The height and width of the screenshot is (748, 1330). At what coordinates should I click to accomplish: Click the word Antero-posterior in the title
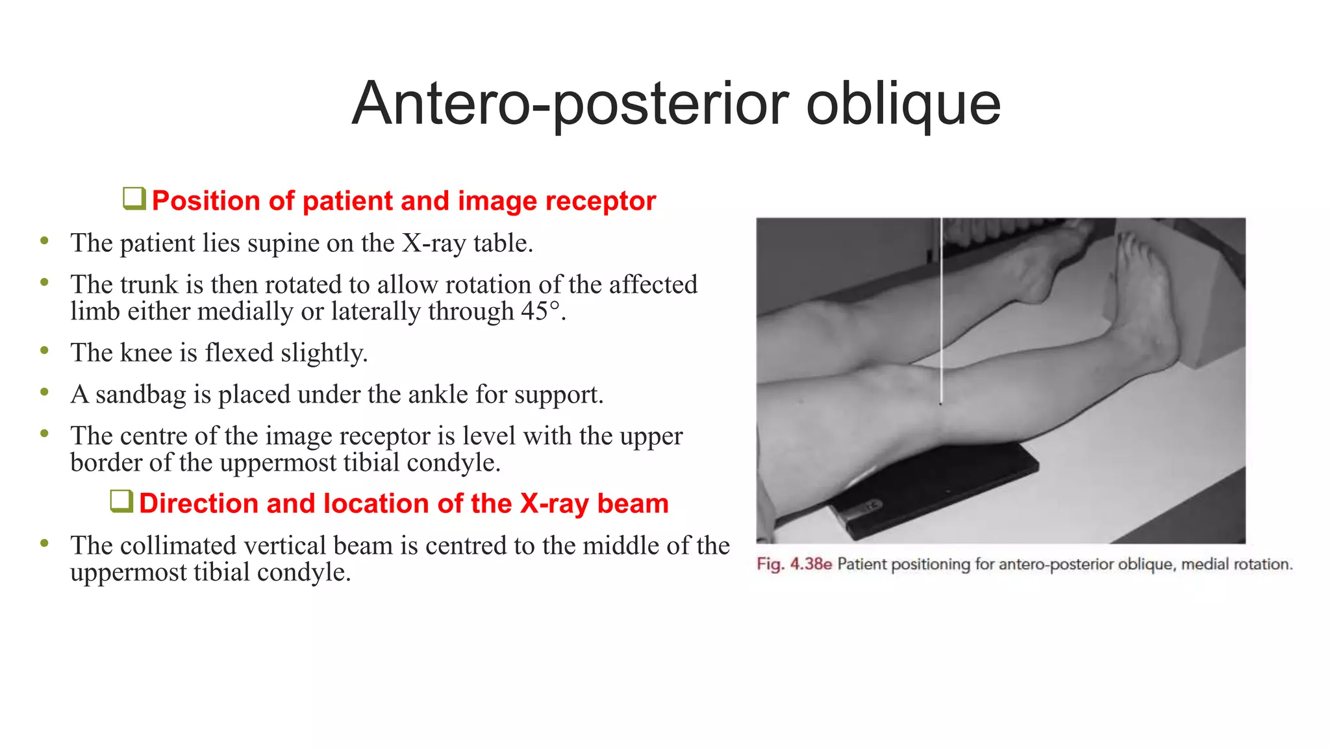coord(570,104)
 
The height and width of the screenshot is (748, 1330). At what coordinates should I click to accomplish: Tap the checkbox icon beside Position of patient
coord(134,199)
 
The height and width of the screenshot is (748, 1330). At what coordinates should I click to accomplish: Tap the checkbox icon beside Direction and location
coord(121,501)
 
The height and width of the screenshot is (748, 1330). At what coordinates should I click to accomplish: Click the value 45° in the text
coord(540,312)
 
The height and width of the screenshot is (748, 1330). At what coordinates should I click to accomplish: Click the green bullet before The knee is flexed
coord(44,351)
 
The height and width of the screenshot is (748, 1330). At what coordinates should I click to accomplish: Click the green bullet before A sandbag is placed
coord(44,392)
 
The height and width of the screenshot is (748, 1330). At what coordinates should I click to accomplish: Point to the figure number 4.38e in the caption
coord(810,564)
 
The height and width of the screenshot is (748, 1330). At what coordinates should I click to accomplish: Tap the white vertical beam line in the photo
coord(940,312)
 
